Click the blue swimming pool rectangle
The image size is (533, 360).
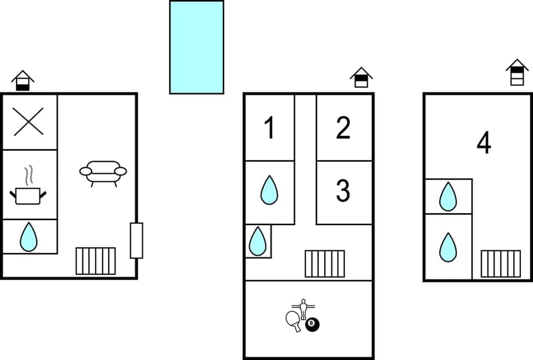click(x=197, y=47)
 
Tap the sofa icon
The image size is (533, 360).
click(x=103, y=173)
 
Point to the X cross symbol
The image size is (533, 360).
click(x=29, y=122)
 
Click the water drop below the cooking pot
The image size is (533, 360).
click(x=28, y=237)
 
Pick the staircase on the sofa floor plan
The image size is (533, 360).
click(x=95, y=261)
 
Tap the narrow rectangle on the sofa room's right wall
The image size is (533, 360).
click(x=136, y=240)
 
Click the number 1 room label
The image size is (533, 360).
click(x=270, y=128)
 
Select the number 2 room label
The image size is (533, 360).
click(x=343, y=128)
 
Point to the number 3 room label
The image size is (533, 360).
click(x=343, y=191)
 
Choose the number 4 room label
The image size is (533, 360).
click(x=484, y=144)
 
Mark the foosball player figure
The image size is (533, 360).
click(x=303, y=308)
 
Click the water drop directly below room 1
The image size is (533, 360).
click(x=269, y=190)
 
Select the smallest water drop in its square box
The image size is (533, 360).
click(x=257, y=241)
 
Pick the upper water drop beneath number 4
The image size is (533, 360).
click(x=447, y=196)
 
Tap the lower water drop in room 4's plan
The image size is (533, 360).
click(x=447, y=247)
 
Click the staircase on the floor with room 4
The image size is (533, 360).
click(x=500, y=263)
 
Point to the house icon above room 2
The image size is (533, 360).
click(x=361, y=78)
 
